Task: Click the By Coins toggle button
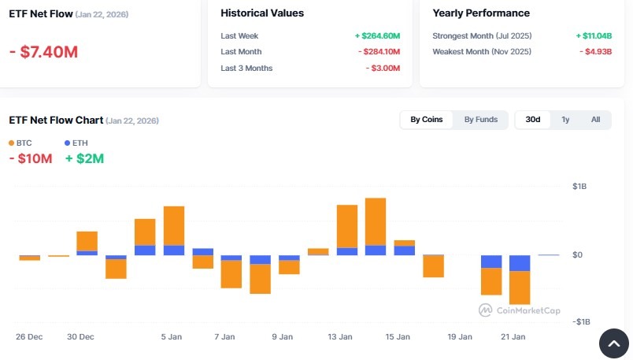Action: point(427,120)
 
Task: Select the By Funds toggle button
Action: point(480,120)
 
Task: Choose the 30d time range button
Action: point(533,120)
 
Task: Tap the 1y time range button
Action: point(565,120)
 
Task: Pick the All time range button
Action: point(595,120)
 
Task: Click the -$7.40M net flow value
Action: point(43,52)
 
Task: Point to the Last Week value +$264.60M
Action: point(377,36)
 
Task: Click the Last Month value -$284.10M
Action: point(379,52)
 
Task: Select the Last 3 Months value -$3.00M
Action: point(383,69)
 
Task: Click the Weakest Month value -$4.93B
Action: point(595,52)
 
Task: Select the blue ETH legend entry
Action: point(76,143)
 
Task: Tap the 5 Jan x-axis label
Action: point(172,337)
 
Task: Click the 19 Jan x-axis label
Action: point(460,337)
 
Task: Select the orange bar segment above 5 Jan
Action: point(174,225)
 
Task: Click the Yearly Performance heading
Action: point(481,13)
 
